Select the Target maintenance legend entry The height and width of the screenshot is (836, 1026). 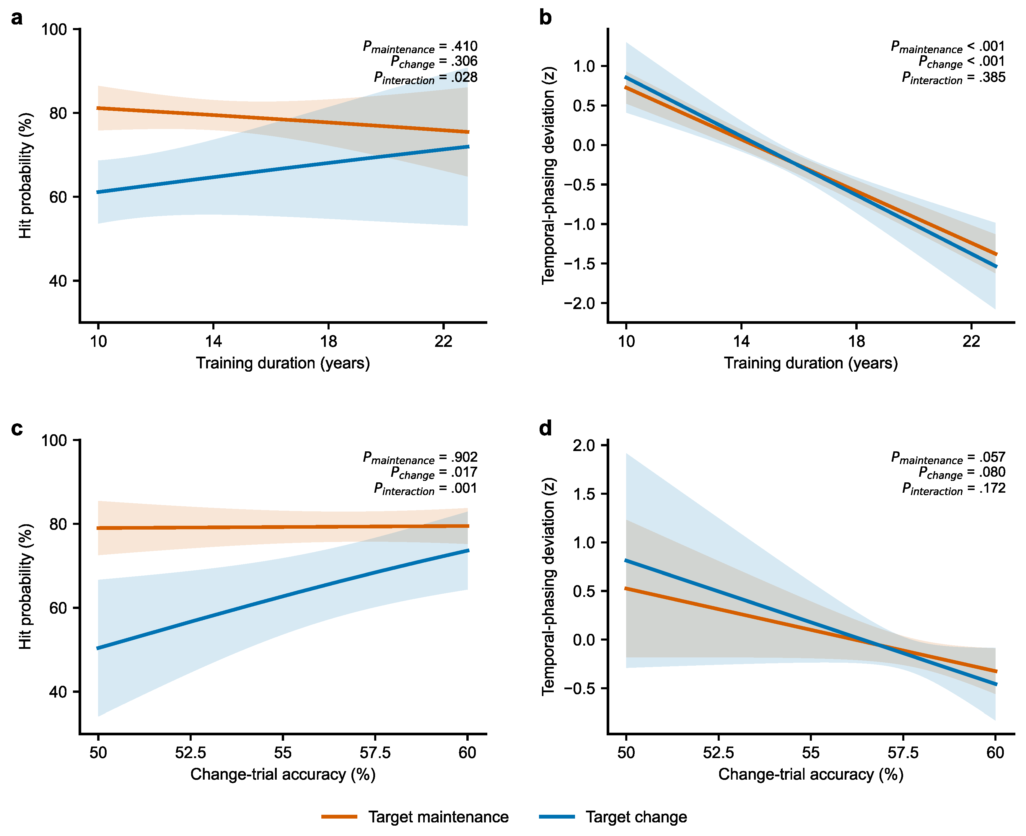click(x=415, y=817)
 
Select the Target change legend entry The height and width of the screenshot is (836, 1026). click(x=613, y=817)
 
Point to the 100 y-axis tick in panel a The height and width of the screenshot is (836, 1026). click(x=54, y=30)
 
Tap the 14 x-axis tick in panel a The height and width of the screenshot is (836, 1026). click(x=214, y=342)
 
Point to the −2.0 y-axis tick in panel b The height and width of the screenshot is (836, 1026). click(x=579, y=303)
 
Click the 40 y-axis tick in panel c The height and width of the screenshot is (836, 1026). click(x=58, y=692)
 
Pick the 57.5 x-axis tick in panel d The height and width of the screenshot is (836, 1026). click(x=903, y=753)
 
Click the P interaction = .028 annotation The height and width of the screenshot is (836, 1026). click(x=426, y=78)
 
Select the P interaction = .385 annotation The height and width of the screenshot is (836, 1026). click(x=954, y=78)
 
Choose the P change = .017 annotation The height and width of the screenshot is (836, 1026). click(x=434, y=473)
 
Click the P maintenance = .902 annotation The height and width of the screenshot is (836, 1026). click(x=420, y=458)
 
